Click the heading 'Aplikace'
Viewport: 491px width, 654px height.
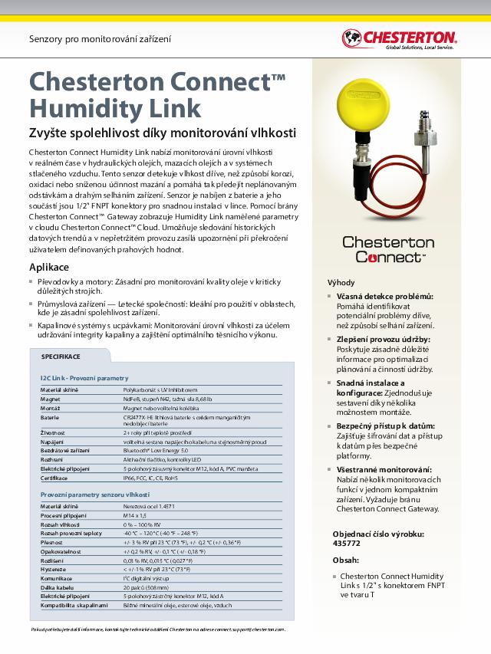tap(49, 267)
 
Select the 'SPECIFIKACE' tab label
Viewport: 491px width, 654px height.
tap(61, 357)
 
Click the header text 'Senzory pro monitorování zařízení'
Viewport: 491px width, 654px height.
tap(100, 38)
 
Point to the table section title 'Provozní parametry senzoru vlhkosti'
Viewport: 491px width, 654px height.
tap(94, 495)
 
